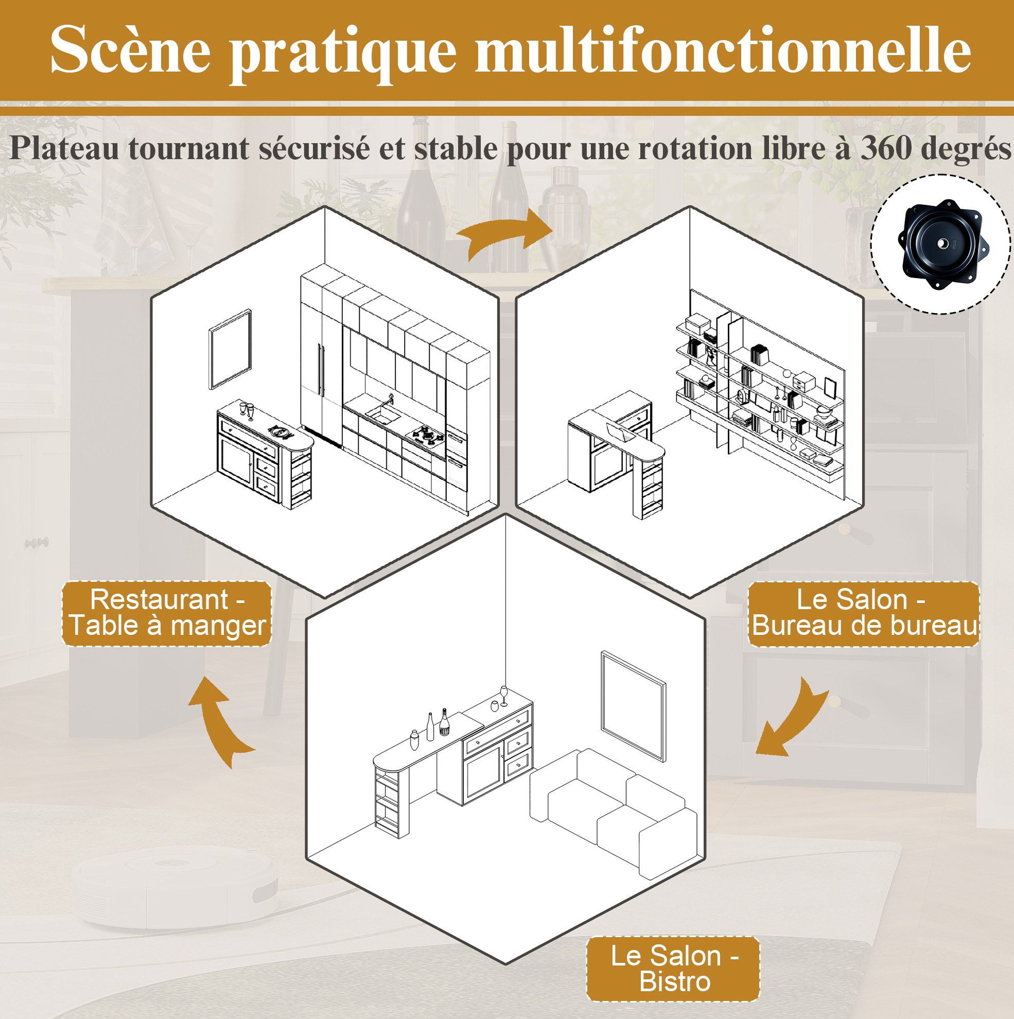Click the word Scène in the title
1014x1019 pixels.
tap(131, 49)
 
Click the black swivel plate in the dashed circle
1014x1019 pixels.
tap(943, 244)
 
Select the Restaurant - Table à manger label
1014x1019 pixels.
tap(167, 613)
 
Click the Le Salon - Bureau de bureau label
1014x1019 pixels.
tap(864, 613)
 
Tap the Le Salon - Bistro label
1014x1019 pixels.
tap(673, 969)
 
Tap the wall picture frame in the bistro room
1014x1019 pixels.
tap(633, 706)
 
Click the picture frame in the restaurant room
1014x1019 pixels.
tap(231, 349)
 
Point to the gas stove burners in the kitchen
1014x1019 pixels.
tap(428, 434)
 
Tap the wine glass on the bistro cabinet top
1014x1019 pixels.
tap(503, 696)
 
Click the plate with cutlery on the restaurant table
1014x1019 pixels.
tap(281, 432)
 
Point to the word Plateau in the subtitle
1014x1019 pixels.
tap(64, 148)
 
